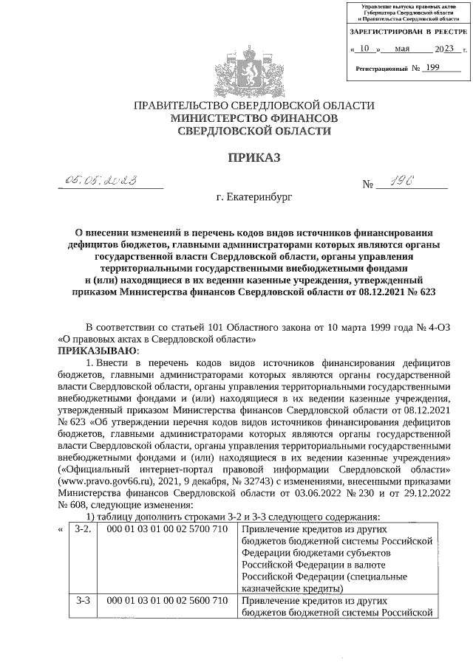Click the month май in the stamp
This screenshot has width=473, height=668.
[x=403, y=49]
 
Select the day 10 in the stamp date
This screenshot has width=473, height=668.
[x=364, y=49]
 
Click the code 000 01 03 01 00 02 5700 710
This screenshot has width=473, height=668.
[x=167, y=529]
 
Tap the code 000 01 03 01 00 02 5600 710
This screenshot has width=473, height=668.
[x=167, y=601]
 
